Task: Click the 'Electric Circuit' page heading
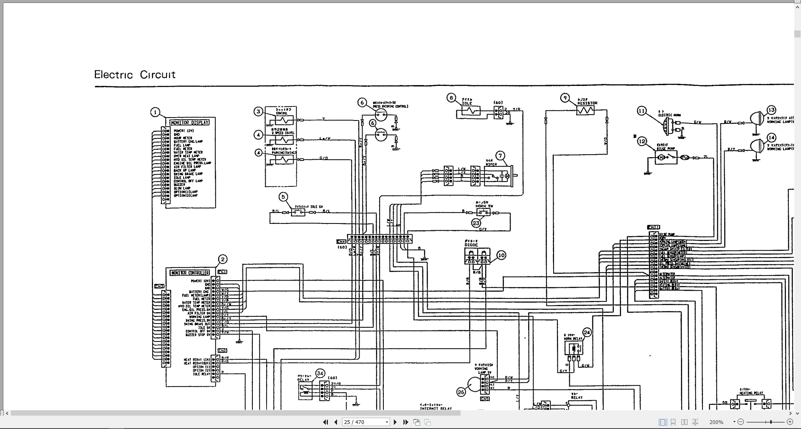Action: tap(135, 75)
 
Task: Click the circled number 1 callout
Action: tap(155, 112)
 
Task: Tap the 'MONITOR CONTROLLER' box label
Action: tap(190, 273)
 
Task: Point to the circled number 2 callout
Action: tap(223, 259)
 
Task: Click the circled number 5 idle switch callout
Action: tap(284, 197)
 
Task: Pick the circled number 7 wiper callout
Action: tap(501, 156)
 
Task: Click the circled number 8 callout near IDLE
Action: tap(451, 98)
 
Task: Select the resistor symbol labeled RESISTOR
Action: tap(585, 110)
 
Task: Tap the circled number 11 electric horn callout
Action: tap(642, 110)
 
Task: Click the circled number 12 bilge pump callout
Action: tap(642, 141)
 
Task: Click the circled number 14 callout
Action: tap(771, 137)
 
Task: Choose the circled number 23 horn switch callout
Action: tap(476, 223)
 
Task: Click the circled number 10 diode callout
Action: tap(501, 255)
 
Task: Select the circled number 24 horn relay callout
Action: tap(587, 332)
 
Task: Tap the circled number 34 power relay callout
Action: tap(320, 373)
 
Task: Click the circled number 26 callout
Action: tap(461, 392)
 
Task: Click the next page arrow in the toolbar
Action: tap(395, 422)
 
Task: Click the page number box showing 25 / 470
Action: tap(365, 422)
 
